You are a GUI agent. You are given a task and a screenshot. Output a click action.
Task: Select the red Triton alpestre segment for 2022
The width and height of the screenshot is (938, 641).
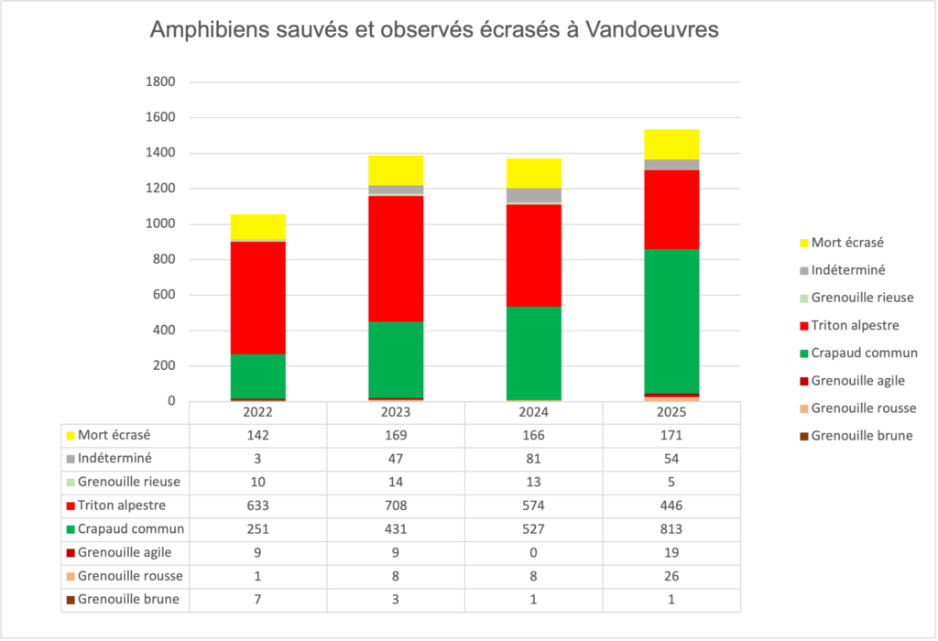[257, 298]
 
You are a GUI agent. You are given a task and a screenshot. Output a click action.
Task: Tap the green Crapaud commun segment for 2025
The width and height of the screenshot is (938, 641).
[671, 321]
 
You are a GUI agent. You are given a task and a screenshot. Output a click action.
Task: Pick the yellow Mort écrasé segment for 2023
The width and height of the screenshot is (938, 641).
[396, 170]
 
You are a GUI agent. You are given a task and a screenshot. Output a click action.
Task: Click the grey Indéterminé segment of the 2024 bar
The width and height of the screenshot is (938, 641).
[534, 196]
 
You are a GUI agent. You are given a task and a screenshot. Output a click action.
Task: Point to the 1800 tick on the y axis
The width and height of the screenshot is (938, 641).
[160, 81]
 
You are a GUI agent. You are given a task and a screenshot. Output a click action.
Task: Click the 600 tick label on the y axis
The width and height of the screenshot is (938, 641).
[164, 295]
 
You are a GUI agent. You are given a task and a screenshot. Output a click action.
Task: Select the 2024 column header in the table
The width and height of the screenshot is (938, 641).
[534, 413]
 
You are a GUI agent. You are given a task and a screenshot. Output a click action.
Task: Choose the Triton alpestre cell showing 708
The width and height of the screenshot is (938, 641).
[396, 505]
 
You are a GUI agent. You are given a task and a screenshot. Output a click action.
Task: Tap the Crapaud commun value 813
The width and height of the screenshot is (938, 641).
[671, 529]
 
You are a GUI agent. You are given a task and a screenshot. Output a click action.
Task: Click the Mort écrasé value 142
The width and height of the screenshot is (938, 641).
[257, 435]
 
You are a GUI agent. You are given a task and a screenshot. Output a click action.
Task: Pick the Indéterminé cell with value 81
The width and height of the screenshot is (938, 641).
[534, 459]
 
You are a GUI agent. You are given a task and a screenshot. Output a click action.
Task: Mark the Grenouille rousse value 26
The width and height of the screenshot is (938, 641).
[671, 576]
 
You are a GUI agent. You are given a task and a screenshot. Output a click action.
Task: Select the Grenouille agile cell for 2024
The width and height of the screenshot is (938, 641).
[534, 552]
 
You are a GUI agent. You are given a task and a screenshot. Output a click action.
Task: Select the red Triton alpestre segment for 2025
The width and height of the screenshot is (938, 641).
[671, 210]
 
